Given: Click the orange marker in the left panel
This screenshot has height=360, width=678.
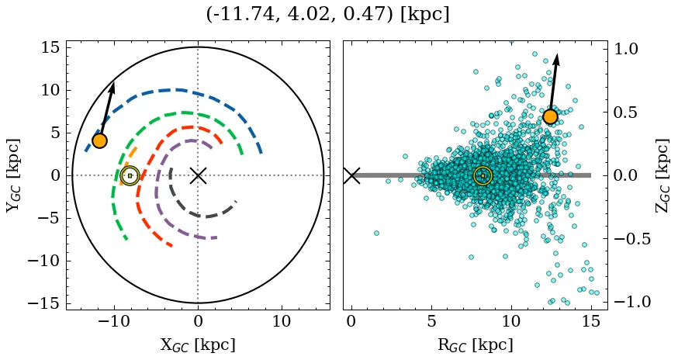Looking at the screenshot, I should [x=99, y=140].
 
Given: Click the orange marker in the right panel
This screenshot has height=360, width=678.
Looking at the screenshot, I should [x=550, y=116].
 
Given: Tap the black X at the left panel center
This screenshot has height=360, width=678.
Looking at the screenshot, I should [x=198, y=175].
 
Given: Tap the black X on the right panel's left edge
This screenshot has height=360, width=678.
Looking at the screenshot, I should [x=351, y=175].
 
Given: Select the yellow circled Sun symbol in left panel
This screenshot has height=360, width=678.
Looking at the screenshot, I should [x=130, y=176].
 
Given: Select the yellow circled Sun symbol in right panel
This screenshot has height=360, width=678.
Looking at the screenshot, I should [x=483, y=176].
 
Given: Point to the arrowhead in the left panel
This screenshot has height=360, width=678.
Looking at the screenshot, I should [x=112, y=86].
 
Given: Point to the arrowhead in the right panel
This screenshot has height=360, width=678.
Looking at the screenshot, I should [x=556, y=58].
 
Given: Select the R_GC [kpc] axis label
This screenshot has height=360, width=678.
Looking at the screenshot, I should [x=475, y=345].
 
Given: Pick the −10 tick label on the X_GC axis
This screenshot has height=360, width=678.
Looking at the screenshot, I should [x=115, y=321].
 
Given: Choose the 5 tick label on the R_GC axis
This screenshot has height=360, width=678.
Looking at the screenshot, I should [x=431, y=321].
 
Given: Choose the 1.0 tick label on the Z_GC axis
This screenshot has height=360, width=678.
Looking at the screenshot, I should [x=629, y=49].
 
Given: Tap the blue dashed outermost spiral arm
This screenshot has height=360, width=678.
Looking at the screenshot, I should [x=178, y=90].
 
